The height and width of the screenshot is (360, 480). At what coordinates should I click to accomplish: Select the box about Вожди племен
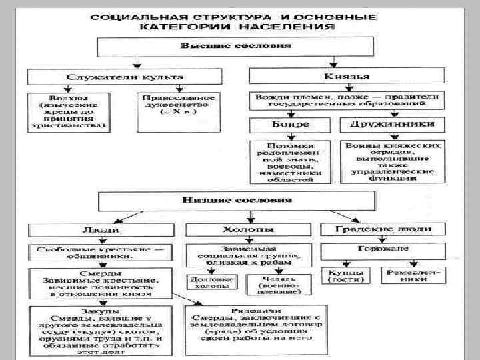pyautogui.click(x=347, y=100)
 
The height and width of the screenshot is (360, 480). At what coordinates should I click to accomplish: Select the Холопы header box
pyautogui.click(x=247, y=229)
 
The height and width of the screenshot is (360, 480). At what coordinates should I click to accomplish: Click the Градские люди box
pyautogui.click(x=384, y=229)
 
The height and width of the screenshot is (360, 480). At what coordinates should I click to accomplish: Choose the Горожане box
pyautogui.click(x=384, y=250)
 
